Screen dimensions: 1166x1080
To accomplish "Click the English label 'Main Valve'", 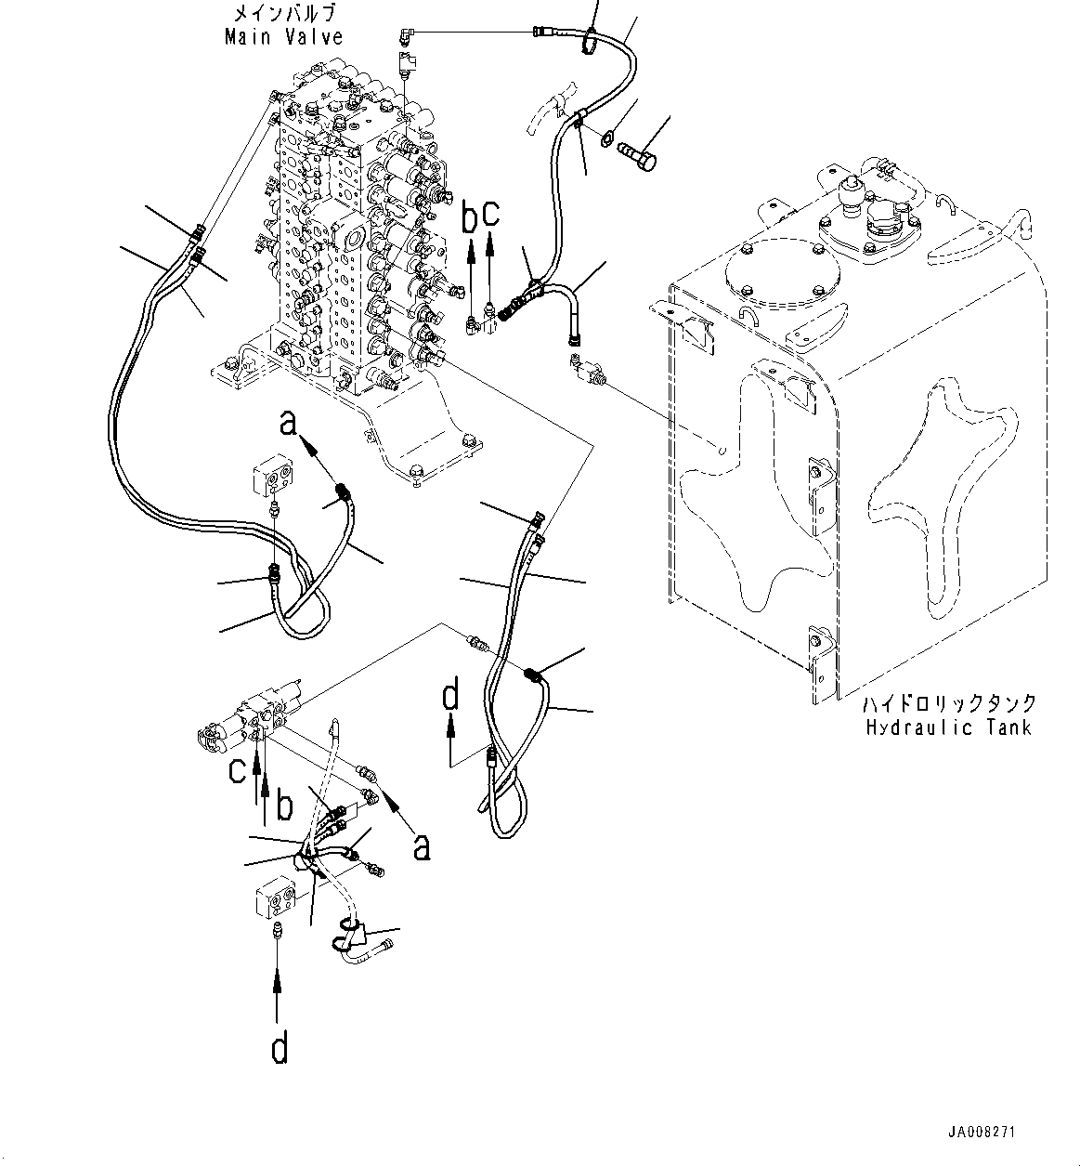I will click(283, 37).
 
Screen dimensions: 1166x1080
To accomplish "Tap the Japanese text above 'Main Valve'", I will click(283, 14).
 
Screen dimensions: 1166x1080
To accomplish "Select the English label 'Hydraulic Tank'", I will click(948, 727).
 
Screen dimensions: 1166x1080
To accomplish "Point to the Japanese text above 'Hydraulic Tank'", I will click(948, 703).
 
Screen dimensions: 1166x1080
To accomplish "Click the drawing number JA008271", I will click(982, 1133).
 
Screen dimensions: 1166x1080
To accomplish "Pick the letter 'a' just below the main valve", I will click(289, 424).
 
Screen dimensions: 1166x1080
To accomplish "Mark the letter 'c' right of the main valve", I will click(491, 213).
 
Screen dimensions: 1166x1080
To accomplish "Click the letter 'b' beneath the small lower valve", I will click(284, 806).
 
